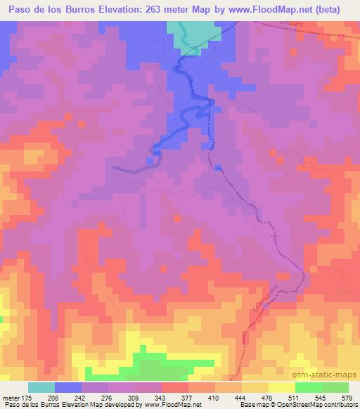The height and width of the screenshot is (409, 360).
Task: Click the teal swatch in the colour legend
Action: coord(41,387)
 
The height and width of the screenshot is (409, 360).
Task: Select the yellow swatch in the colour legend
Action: coord(281,387)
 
